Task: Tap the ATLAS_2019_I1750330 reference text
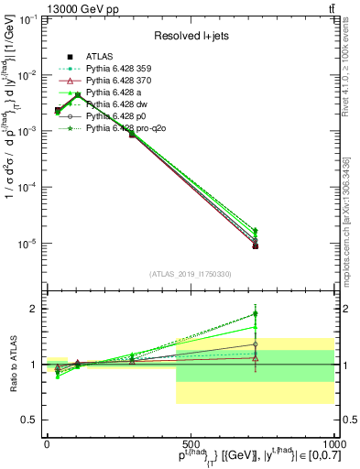[191, 274]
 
